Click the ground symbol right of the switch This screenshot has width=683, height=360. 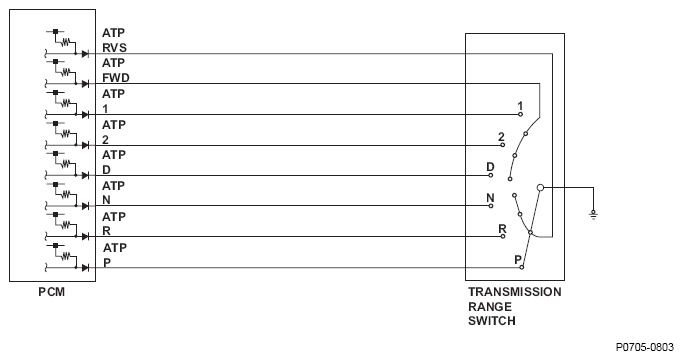tap(593, 214)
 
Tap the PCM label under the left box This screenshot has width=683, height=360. tap(52, 292)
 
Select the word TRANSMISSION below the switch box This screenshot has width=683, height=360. tap(515, 292)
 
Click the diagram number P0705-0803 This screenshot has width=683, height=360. tap(645, 347)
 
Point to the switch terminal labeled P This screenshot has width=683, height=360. tap(521, 267)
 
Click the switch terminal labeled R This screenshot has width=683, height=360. tap(503, 236)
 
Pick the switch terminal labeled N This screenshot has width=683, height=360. tap(491, 206)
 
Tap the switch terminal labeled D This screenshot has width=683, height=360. tap(491, 175)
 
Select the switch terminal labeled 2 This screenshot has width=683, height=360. tap(503, 145)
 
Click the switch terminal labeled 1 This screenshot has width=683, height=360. tap(520, 114)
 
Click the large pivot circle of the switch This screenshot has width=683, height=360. tap(540, 187)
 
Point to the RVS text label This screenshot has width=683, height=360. tap(115, 48)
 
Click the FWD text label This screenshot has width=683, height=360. tap(116, 78)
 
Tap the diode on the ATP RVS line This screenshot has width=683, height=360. tap(85, 54)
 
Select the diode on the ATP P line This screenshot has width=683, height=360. tap(85, 267)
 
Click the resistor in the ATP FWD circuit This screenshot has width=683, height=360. tap(66, 72)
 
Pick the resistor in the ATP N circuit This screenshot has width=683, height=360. tap(66, 194)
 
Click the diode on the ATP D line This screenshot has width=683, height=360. tap(85, 175)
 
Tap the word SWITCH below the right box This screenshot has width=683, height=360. tap(492, 321)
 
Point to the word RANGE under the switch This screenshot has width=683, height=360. tap(490, 306)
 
